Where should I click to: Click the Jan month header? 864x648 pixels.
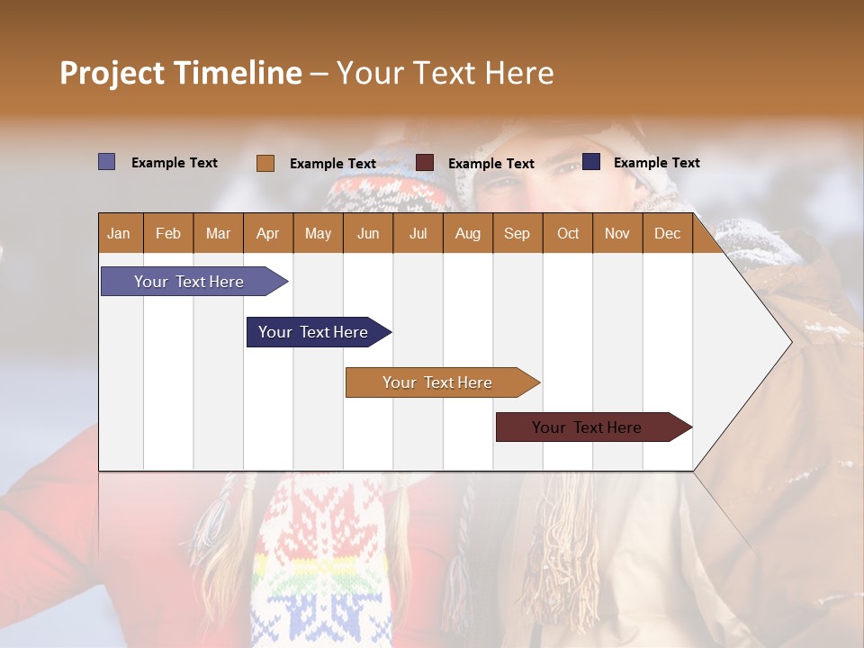click(120, 234)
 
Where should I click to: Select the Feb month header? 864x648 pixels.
click(168, 234)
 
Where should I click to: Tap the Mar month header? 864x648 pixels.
click(218, 234)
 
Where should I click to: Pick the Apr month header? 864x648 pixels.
click(268, 234)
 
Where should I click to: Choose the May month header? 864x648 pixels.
click(318, 234)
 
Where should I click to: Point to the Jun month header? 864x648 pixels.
click(368, 234)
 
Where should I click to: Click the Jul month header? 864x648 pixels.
click(418, 234)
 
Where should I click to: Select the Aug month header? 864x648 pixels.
click(468, 234)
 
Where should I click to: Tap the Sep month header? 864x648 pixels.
click(517, 234)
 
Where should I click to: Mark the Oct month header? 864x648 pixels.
click(568, 234)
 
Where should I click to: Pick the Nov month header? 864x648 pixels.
click(617, 234)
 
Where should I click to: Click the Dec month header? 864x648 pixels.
click(668, 234)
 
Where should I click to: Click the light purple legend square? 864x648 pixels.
click(107, 162)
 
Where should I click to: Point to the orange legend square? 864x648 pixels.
click(265, 163)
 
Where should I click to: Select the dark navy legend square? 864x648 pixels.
click(591, 162)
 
